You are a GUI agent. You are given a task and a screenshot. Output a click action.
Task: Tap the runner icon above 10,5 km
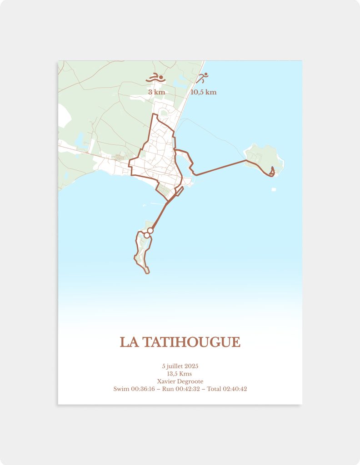[x=202, y=78]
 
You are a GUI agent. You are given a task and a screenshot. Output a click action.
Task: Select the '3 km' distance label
[x=156, y=92]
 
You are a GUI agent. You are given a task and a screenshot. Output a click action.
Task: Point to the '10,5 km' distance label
[x=203, y=92]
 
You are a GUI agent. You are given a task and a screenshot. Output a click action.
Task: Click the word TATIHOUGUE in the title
[x=191, y=342]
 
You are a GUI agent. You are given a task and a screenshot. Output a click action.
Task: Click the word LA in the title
[x=130, y=342]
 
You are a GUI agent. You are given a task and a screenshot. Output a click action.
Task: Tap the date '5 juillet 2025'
[x=180, y=366]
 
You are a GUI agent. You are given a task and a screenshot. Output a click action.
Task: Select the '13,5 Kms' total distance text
[x=180, y=374]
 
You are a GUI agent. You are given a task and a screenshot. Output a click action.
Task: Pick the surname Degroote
[x=191, y=381]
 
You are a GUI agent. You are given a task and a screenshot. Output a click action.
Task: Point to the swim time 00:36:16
[x=143, y=389]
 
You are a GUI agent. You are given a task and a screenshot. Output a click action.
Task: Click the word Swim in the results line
[x=121, y=389]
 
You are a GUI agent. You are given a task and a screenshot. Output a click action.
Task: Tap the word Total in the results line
[x=214, y=389]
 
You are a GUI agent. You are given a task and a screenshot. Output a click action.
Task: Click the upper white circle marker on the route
[x=150, y=231]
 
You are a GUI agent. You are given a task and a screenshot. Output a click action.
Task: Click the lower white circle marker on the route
[x=147, y=235]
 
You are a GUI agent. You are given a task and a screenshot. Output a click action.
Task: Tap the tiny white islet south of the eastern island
[x=273, y=189]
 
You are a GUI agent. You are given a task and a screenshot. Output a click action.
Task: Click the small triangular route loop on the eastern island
[x=272, y=171]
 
